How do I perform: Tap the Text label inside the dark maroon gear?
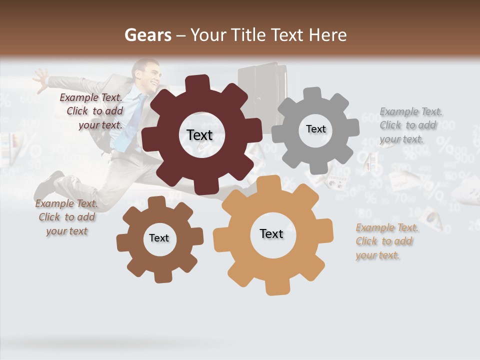click(200, 135)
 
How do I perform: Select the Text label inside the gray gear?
click(315, 129)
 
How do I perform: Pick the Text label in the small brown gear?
click(159, 238)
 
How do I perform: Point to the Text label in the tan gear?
click(271, 233)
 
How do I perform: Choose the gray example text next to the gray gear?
click(410, 125)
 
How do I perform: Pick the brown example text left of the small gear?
click(66, 217)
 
